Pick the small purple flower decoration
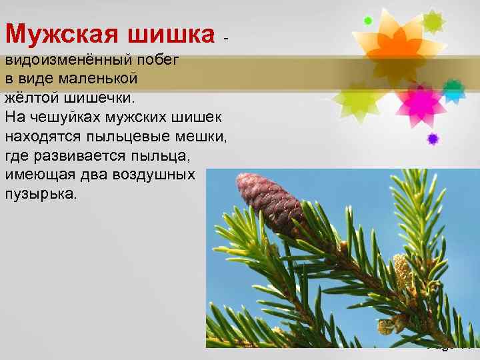433,139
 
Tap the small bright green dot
367,21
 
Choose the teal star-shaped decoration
453,89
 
